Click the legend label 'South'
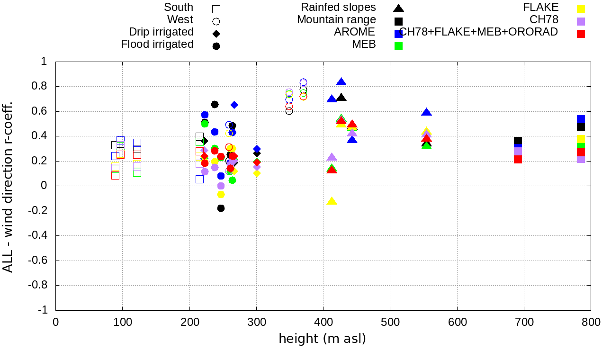[179, 8]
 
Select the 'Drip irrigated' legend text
[161, 32]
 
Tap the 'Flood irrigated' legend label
[157, 45]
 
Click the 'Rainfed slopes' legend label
[338, 8]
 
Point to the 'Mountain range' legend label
[336, 20]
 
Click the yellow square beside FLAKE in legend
[581, 9]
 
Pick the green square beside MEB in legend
[399, 46]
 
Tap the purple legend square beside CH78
[581, 21]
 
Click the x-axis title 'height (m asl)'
[322, 339]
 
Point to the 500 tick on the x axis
[390, 322]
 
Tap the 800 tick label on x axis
[591, 322]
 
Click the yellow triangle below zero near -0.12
[332, 201]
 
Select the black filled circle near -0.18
[221, 208]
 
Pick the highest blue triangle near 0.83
[341, 82]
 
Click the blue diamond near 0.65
[234, 105]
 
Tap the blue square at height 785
[581, 119]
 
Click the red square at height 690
[518, 159]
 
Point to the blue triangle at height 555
[426, 112]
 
